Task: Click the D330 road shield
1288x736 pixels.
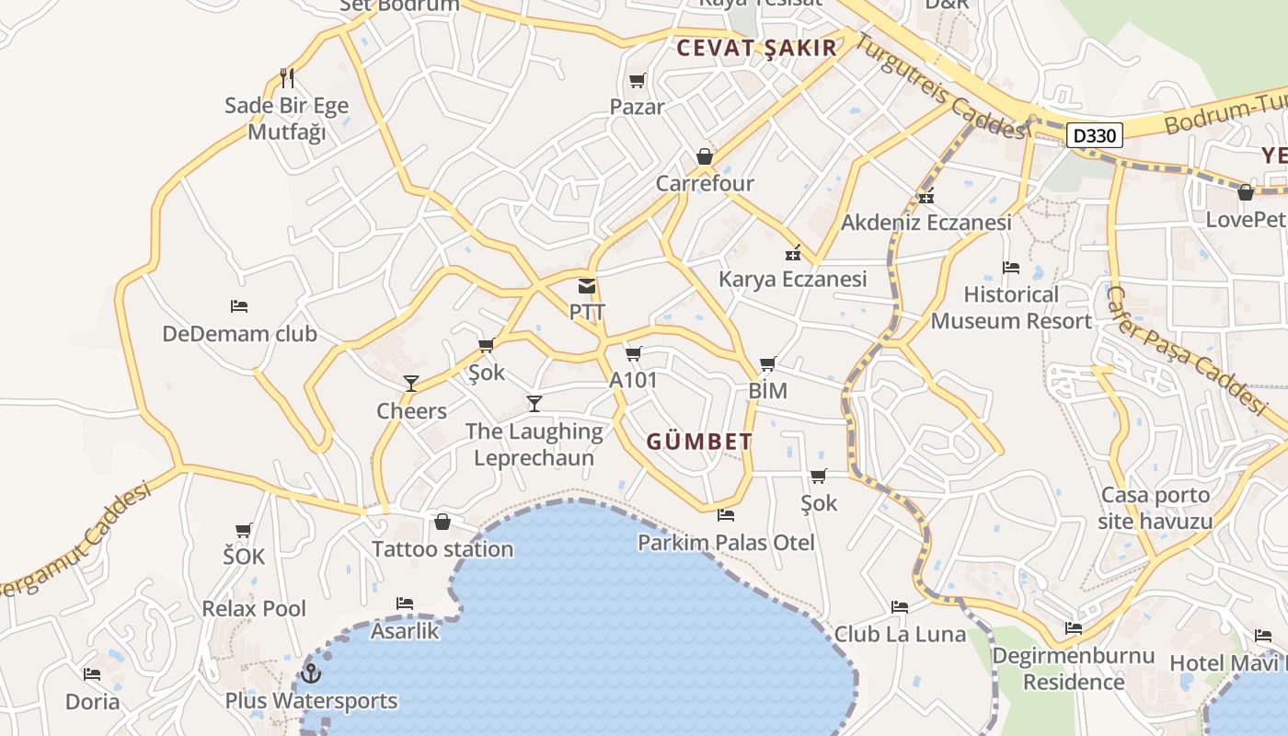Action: click(x=1095, y=136)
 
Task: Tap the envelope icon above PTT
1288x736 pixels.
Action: click(x=587, y=286)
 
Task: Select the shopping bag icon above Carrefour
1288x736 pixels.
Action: click(x=705, y=156)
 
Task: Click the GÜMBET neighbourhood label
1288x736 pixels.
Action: click(x=699, y=442)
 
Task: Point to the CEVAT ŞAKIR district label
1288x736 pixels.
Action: click(x=756, y=49)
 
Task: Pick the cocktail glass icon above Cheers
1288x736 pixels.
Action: click(x=411, y=384)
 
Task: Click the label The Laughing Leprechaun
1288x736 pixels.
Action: click(x=534, y=444)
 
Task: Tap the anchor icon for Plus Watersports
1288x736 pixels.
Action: click(x=311, y=673)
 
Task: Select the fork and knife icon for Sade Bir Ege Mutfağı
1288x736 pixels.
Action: click(x=287, y=78)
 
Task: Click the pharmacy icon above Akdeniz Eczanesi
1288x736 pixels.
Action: click(x=926, y=196)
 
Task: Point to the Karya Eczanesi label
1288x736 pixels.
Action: click(x=792, y=279)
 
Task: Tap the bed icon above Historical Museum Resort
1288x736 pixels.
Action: click(x=1011, y=268)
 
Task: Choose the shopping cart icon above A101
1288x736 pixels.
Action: click(x=634, y=353)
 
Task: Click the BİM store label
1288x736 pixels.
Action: click(x=767, y=391)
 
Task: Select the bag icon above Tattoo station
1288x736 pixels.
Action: click(x=443, y=523)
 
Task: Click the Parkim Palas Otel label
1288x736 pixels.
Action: click(x=726, y=543)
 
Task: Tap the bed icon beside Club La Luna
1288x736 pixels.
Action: click(x=900, y=607)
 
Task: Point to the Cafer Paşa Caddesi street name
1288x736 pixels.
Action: click(x=1187, y=350)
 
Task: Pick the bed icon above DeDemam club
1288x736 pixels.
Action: click(x=239, y=306)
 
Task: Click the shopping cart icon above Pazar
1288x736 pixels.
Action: click(x=637, y=81)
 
